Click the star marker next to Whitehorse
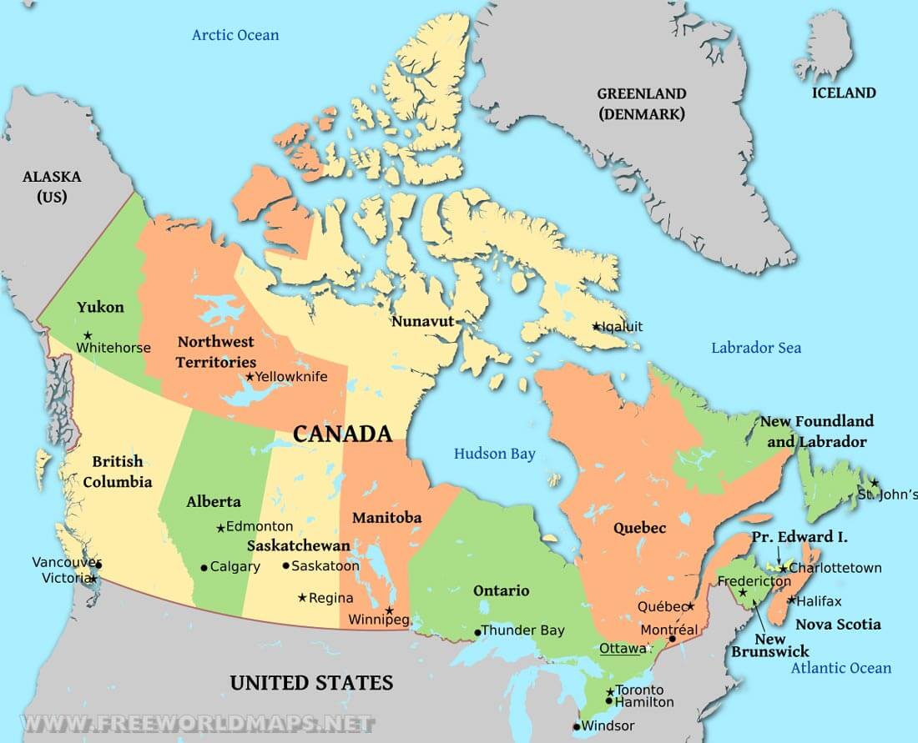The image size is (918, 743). coord(88,335)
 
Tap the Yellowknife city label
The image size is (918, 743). coord(291,377)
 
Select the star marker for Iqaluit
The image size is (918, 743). coord(596,326)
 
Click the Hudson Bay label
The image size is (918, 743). coord(495,454)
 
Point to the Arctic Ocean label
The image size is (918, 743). coord(235,35)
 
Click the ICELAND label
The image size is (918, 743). coord(844,93)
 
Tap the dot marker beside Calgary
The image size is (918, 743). coord(204,568)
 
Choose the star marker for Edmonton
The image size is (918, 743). coord(220,528)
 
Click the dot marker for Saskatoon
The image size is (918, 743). coord(286,565)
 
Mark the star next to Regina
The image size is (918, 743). coord(302,597)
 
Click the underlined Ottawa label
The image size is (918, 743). coord(622,648)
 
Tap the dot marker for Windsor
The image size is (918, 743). coord(577,726)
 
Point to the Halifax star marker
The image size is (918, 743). coord(790,600)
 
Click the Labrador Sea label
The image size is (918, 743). coord(756,348)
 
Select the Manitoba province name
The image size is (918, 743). coord(386,518)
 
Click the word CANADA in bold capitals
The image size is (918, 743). coord(342,434)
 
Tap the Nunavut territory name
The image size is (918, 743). coord(422,321)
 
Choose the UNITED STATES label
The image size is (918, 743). coord(311,683)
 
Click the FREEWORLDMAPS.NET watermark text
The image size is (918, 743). coord(188,723)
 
